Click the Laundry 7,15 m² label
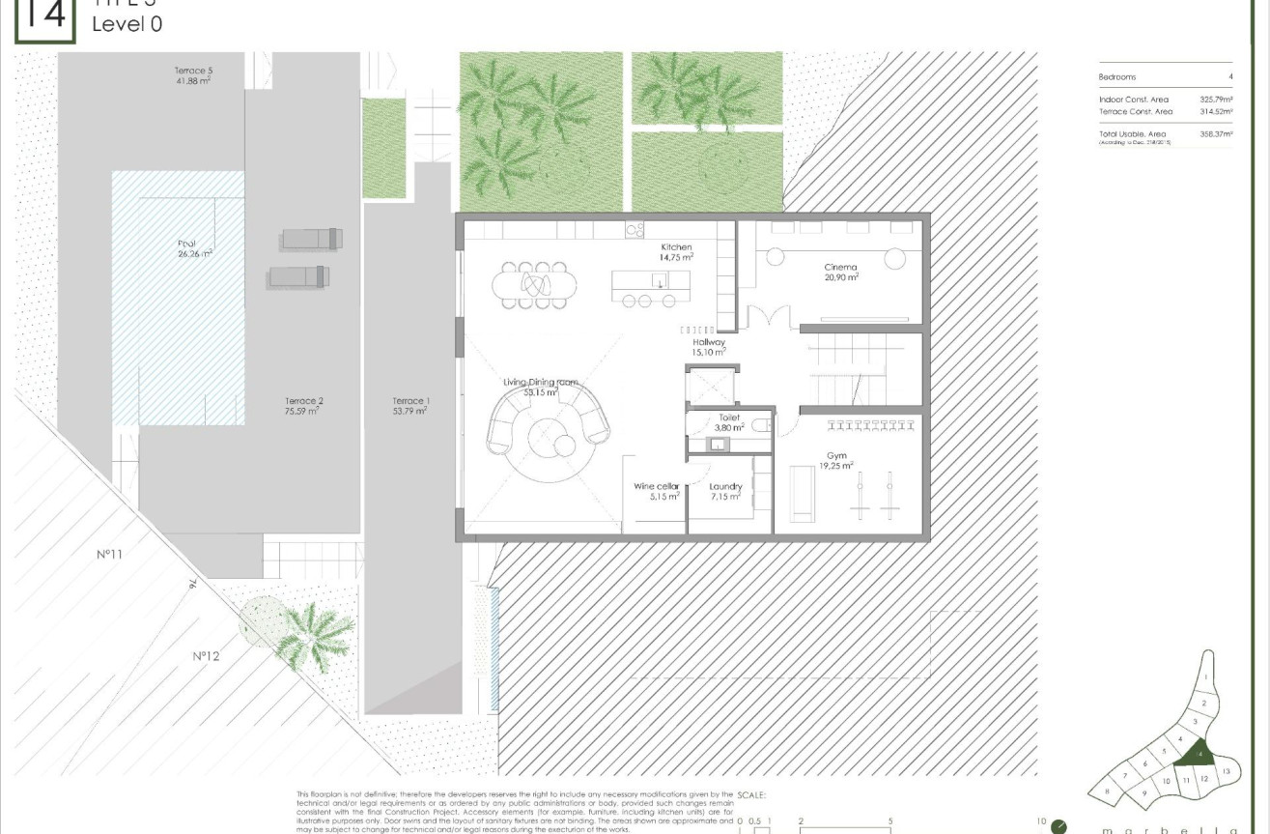point(724,491)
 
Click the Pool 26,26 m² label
point(194,248)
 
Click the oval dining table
point(535,284)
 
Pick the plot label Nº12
point(206,656)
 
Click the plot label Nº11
point(109,555)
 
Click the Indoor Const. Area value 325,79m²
point(1216,100)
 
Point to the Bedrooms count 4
point(1229,76)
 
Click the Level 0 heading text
point(127,24)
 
